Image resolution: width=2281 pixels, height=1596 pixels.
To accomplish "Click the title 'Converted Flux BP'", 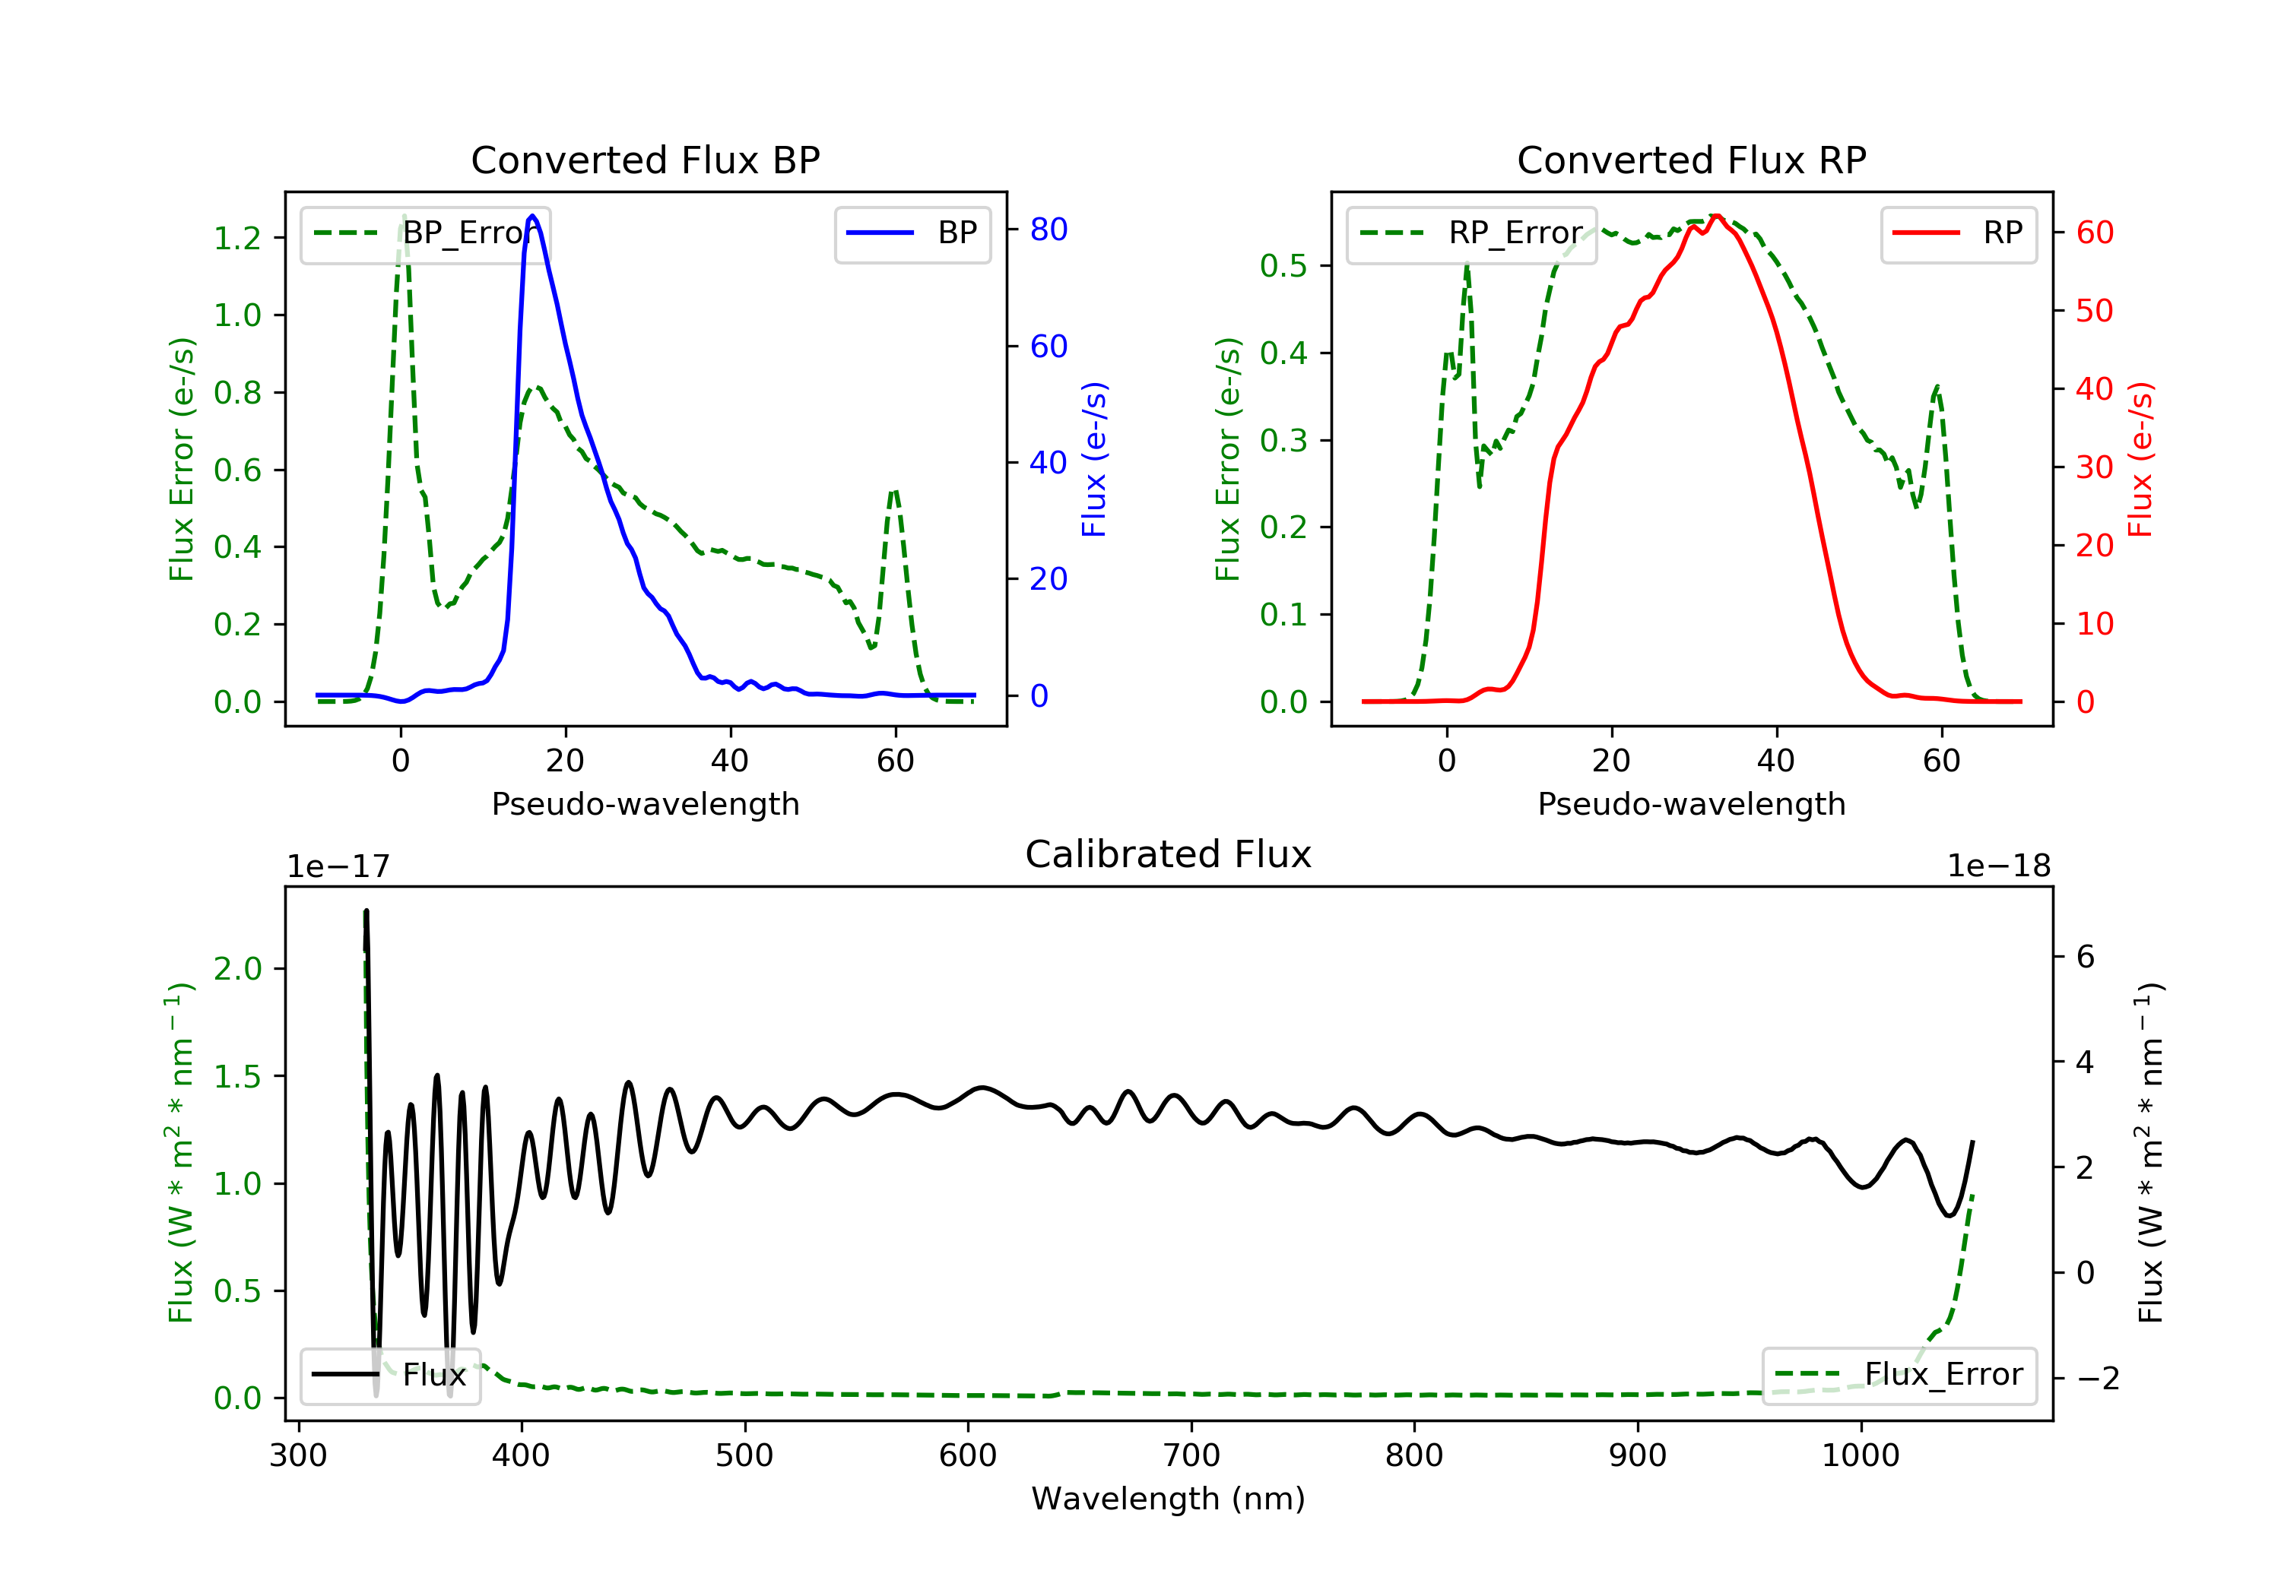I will (645, 160).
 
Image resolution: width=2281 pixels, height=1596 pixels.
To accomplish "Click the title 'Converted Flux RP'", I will (1691, 160).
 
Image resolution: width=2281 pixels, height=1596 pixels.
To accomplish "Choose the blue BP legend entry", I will (912, 233).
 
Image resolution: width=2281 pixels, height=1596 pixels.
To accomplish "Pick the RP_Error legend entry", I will (1471, 233).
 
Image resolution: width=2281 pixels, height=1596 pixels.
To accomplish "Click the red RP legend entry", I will (1958, 233).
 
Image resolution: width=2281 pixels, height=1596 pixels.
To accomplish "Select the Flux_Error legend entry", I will (1899, 1375).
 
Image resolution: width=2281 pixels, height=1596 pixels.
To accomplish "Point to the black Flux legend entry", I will (389, 1375).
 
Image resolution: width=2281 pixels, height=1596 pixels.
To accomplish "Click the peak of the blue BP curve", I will (532, 216).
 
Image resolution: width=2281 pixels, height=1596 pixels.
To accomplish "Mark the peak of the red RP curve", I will (1716, 216).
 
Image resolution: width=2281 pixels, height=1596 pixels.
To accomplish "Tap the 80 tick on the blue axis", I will (1048, 230).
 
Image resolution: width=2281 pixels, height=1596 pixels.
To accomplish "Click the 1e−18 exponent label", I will (1998, 866).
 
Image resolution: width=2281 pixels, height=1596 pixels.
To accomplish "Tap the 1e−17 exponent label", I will (339, 866).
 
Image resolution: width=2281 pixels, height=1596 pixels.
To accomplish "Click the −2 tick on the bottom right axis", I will (2097, 1379).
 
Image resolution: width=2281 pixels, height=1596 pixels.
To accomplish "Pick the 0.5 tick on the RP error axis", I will (1283, 266).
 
